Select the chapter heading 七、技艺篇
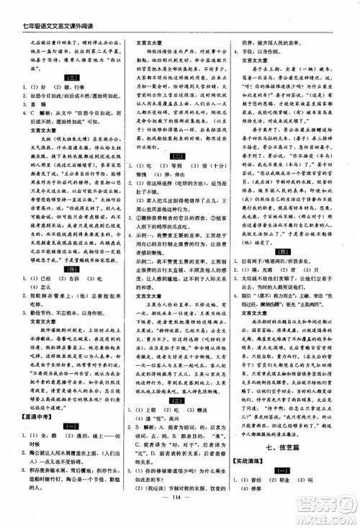(x=293, y=426)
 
